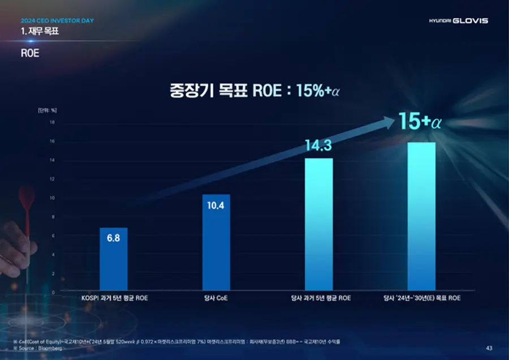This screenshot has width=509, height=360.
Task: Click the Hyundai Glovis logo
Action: tap(458, 21)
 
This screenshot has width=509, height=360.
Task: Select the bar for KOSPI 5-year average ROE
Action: tap(113, 260)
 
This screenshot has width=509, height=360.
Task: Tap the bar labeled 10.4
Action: tap(216, 243)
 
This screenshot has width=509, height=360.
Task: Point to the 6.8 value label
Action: tap(113, 238)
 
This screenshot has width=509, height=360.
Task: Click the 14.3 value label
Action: tap(318, 146)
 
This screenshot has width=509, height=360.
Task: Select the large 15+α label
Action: tap(419, 122)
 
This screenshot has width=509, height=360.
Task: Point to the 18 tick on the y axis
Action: tap(52, 122)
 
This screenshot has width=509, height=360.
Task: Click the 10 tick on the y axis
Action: tap(52, 198)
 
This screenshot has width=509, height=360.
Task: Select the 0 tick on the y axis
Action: tap(53, 293)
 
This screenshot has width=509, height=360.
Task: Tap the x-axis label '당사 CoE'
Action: tap(216, 298)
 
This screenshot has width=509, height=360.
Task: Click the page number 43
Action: tap(489, 348)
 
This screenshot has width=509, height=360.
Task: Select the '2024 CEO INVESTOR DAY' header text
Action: tap(57, 21)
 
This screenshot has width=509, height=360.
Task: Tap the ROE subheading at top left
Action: tap(30, 54)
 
